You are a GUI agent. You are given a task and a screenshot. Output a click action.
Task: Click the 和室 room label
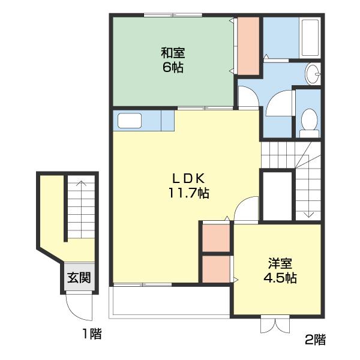click(173, 53)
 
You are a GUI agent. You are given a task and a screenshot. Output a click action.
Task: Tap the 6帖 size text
click(173, 67)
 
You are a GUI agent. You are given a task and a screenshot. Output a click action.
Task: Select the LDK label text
click(188, 178)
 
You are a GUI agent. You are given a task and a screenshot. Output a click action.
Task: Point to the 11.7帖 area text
click(189, 193)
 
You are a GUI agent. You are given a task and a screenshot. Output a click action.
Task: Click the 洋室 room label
click(280, 263)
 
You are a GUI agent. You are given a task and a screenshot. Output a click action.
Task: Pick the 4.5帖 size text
click(280, 278)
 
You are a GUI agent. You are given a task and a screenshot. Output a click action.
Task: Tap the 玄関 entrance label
click(79, 278)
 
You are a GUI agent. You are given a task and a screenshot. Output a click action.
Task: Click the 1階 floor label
click(92, 334)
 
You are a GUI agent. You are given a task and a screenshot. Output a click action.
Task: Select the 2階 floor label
click(315, 340)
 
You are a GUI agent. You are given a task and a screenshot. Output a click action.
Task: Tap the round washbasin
click(313, 73)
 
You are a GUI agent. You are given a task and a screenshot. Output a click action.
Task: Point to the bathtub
click(310, 38)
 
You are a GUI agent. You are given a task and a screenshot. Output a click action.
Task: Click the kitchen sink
click(130, 121)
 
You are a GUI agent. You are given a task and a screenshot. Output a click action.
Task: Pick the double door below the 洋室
click(275, 324)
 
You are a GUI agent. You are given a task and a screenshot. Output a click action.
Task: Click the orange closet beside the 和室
click(248, 46)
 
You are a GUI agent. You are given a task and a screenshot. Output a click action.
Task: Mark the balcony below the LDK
click(169, 301)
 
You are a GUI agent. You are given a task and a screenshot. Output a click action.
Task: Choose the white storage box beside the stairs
click(277, 196)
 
